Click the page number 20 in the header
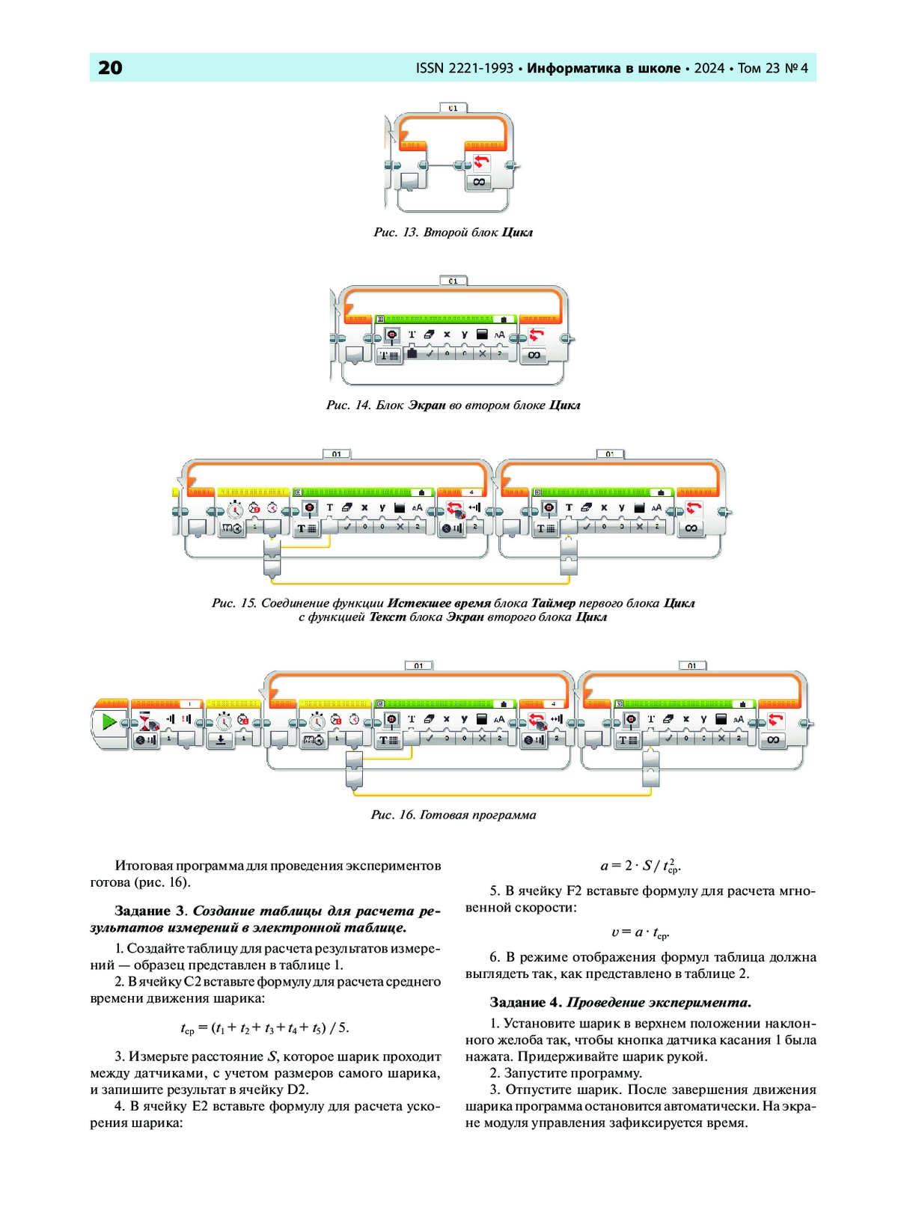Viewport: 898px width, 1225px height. (110, 68)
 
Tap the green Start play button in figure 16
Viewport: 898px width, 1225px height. (109, 722)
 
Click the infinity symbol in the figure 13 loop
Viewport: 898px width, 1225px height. (478, 182)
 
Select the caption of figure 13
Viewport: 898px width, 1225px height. (453, 233)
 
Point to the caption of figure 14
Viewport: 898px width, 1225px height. (453, 406)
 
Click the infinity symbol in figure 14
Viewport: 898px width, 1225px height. (534, 355)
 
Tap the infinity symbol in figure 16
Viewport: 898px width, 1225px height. (773, 740)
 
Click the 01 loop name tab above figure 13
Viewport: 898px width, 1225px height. (453, 108)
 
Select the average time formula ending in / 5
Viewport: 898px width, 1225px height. (265, 1029)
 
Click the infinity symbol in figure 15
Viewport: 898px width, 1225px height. (690, 528)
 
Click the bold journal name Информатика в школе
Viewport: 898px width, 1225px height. (604, 68)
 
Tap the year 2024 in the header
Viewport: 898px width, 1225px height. (709, 68)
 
